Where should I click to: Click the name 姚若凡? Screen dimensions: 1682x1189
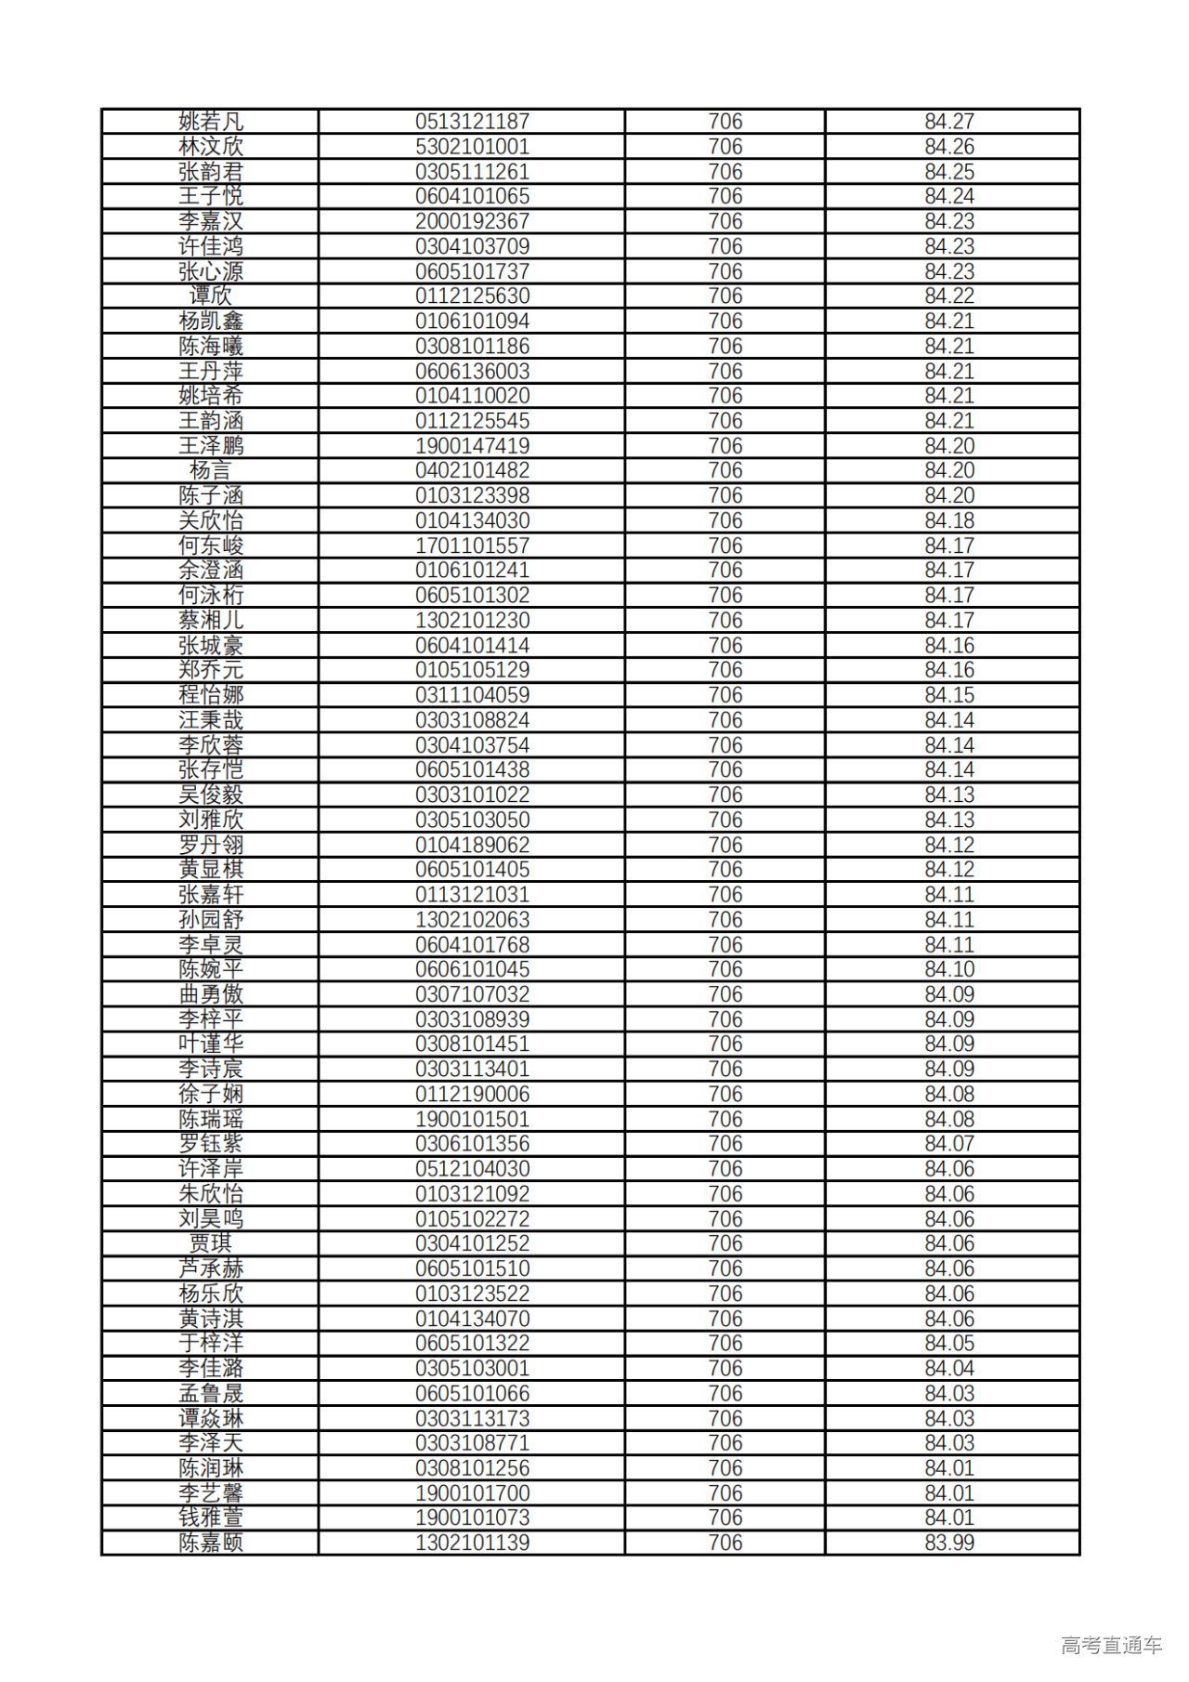[211, 122]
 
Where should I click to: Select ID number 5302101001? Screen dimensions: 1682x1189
[472, 147]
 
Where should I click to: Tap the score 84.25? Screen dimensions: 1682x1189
[949, 172]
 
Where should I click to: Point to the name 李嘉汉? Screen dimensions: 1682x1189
[211, 221]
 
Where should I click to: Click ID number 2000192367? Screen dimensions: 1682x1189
[472, 221]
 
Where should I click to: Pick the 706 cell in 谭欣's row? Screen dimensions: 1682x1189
[725, 296]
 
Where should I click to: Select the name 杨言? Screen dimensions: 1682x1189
[211, 471]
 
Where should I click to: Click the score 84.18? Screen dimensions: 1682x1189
[949, 520]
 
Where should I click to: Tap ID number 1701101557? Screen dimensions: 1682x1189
[472, 545]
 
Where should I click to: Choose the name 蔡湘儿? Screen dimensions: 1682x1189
[211, 621]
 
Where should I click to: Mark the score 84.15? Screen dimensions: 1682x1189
[949, 695]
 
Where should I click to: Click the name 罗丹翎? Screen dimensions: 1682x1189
[211, 845]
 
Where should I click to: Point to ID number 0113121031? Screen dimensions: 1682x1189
[472, 895]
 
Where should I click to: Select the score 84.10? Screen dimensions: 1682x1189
[949, 969]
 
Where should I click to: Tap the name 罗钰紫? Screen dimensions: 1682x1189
[211, 1144]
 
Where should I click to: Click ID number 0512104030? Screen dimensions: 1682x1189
[472, 1169]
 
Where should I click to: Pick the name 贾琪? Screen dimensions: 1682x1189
[211, 1243]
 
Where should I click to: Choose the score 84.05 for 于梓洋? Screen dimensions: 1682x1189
[949, 1343]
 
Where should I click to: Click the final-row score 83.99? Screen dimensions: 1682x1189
[949, 1543]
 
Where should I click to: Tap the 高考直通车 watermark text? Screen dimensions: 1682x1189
[1111, 1645]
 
